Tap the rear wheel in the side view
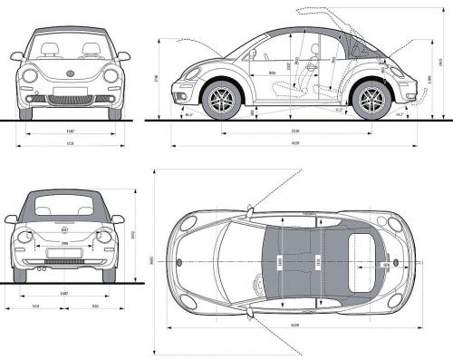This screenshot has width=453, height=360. click(x=371, y=101)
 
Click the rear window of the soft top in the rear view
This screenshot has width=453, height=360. click(x=64, y=207)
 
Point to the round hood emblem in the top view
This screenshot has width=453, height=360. click(x=179, y=262)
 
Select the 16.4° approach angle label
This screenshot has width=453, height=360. click(x=188, y=115)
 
